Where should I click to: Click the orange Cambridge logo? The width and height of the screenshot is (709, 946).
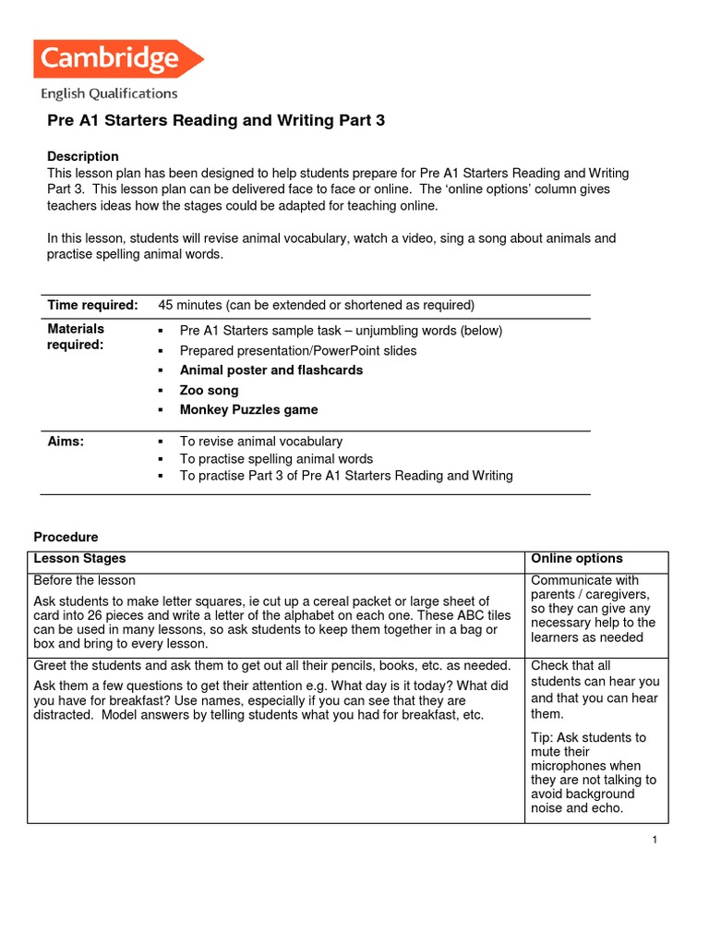point(116,59)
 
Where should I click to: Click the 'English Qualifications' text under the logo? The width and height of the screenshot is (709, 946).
point(108,93)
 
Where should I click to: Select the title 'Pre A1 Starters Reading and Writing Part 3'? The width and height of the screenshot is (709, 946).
point(215,121)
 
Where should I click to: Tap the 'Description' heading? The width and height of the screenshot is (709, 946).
point(83,156)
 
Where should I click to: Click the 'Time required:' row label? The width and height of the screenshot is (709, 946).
point(92,305)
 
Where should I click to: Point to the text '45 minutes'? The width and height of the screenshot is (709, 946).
point(190,305)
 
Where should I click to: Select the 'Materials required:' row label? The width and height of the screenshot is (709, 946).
point(76,337)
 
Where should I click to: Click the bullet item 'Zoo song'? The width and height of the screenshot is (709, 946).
point(209,390)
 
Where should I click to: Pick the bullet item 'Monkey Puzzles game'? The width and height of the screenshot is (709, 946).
point(248,409)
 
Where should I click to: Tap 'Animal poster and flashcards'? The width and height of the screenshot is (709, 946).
point(270,370)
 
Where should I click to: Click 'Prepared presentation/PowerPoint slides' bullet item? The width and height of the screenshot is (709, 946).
point(298,350)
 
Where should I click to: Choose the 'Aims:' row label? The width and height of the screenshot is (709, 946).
point(66,442)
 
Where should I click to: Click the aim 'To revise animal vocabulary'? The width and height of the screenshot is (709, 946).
point(260,442)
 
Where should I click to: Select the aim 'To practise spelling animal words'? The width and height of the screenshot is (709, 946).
point(276,458)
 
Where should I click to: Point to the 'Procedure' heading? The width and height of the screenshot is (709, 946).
point(66,537)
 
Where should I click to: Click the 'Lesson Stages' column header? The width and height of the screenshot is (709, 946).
point(79,559)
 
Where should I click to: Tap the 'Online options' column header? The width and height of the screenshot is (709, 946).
point(577,559)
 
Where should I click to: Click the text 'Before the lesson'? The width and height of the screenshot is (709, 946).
point(84,580)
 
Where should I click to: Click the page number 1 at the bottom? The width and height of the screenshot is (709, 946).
point(654,839)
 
